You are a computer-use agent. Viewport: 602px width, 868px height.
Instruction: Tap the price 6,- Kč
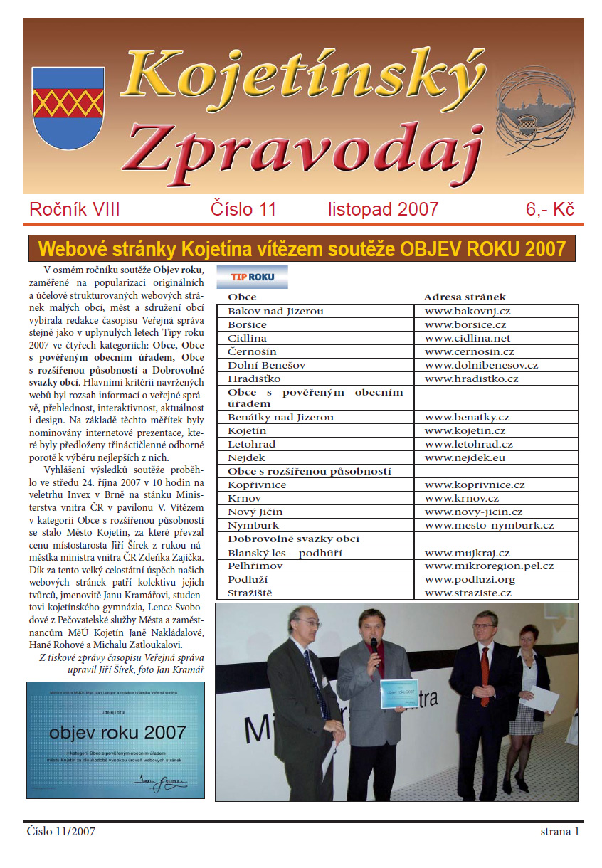tap(550, 209)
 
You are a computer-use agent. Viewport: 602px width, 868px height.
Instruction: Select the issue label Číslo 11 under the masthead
tap(243, 209)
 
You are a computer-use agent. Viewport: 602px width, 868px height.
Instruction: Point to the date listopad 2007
tap(383, 209)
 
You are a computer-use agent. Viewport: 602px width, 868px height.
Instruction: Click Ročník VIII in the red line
tap(75, 209)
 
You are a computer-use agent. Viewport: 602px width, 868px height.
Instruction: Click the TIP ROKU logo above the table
tap(252, 276)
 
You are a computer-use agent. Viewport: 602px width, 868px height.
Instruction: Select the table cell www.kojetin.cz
tap(465, 431)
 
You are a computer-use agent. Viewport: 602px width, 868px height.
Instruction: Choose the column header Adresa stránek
tap(465, 297)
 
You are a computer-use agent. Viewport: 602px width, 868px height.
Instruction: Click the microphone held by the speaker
tap(374, 645)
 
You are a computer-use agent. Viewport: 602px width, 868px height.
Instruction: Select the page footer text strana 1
tap(560, 831)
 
